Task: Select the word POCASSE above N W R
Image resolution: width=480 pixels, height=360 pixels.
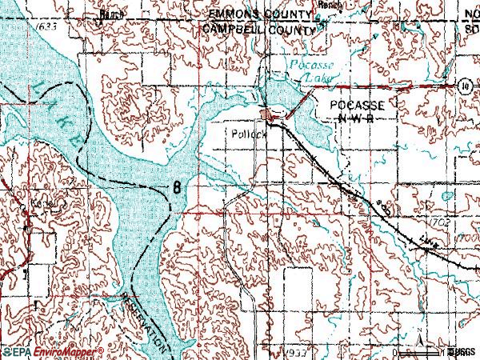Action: click(x=352, y=106)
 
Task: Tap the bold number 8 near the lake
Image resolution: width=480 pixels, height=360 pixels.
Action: click(x=174, y=187)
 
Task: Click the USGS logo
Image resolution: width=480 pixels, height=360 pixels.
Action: click(x=461, y=351)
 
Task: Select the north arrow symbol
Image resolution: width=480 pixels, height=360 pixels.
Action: click(x=417, y=345)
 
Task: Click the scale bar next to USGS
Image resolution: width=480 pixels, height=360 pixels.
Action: click(x=435, y=351)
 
